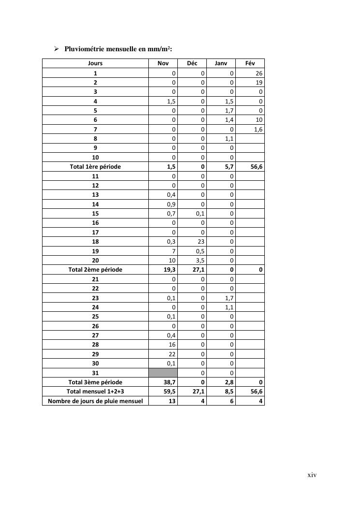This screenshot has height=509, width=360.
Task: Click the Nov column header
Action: point(163,63)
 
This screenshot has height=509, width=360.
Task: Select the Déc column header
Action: point(192,63)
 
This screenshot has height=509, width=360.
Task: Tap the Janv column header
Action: point(221,63)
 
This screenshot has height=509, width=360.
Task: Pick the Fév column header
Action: point(250,63)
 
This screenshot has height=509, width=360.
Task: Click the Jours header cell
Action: point(95,63)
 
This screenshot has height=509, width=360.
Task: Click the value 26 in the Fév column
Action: point(259,73)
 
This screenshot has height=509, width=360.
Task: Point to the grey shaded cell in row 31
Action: point(163,373)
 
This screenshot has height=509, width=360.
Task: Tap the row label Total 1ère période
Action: point(95,167)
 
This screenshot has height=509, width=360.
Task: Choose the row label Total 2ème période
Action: point(95,270)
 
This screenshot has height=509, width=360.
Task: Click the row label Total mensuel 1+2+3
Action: point(95,392)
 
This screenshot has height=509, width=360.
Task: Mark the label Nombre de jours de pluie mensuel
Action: point(95,401)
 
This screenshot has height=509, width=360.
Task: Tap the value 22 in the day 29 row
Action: point(172,354)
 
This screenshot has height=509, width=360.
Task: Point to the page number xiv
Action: point(312,475)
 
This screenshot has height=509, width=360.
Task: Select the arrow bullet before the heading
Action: point(56,49)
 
